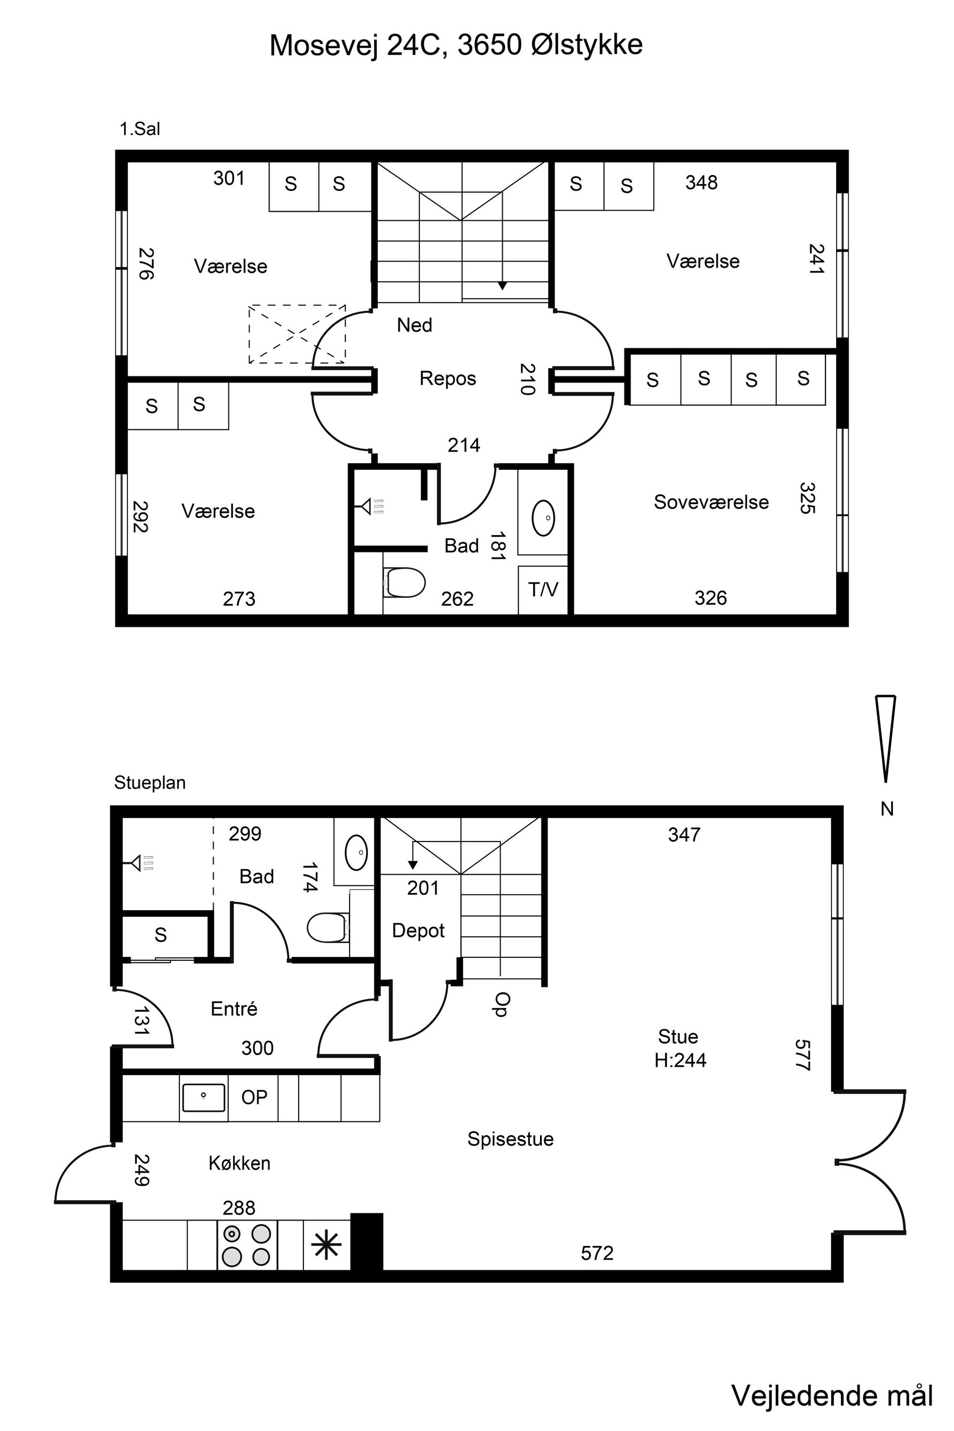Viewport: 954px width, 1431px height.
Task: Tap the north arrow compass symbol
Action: click(x=885, y=739)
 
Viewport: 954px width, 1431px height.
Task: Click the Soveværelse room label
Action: click(x=711, y=502)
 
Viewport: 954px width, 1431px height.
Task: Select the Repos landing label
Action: click(x=448, y=378)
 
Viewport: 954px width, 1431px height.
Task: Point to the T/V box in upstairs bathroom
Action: click(x=543, y=590)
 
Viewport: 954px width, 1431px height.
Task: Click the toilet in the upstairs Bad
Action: click(x=404, y=583)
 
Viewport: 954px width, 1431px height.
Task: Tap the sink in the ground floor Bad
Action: click(x=356, y=853)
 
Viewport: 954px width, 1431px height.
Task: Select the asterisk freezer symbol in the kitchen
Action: click(x=326, y=1244)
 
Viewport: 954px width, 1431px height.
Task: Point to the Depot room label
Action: click(x=418, y=930)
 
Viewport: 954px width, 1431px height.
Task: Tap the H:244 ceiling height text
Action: click(x=680, y=1060)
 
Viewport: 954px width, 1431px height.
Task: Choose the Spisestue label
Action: click(x=511, y=1139)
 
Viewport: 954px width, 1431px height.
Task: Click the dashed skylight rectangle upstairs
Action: click(x=297, y=334)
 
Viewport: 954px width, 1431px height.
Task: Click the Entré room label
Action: click(x=234, y=1009)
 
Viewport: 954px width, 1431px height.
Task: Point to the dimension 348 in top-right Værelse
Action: click(x=702, y=183)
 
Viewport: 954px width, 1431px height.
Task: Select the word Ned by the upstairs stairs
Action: click(x=414, y=326)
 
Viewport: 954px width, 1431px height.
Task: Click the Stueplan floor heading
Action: click(x=150, y=782)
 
